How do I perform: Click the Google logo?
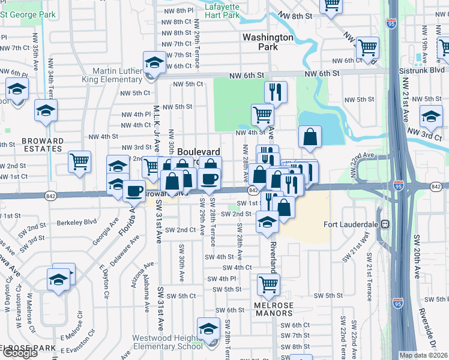point(20,353)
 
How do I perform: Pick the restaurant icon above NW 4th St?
point(275,92)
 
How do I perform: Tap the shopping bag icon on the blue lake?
point(309,137)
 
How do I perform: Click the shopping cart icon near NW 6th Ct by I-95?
point(367,47)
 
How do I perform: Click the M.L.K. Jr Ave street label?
point(155,119)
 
